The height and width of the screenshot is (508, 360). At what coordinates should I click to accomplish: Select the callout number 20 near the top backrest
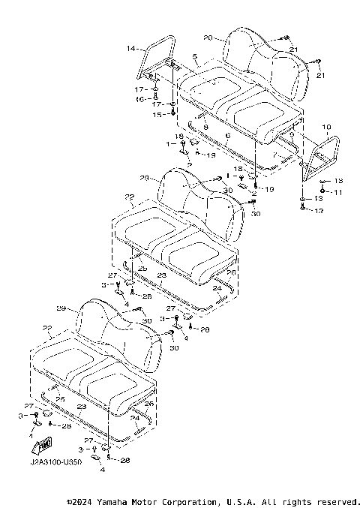[x=208, y=37]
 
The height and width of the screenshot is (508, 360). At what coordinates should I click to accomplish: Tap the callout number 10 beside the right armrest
[x=325, y=128]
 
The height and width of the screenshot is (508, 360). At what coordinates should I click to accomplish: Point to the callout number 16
[x=139, y=98]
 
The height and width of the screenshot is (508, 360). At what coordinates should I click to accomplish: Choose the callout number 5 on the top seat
[x=194, y=56]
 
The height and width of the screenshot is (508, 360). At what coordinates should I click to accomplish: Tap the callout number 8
[x=205, y=128]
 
